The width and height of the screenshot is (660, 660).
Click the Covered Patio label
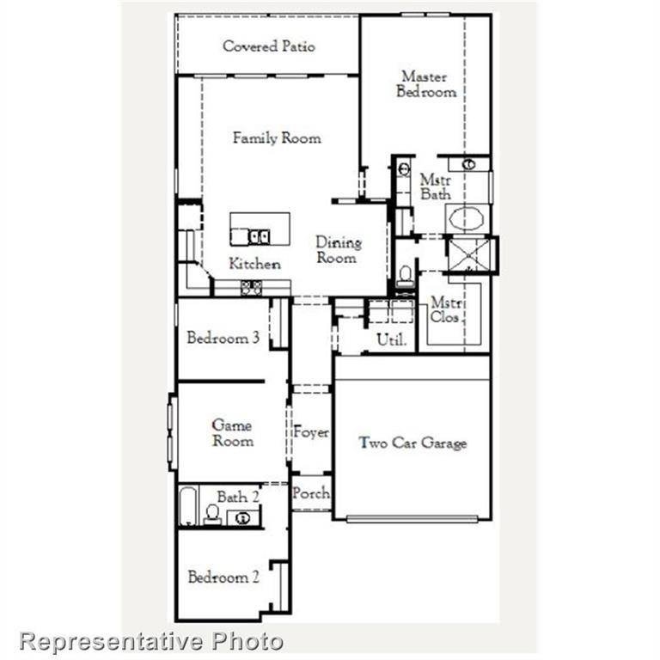(268, 46)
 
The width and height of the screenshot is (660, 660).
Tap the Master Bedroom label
(425, 84)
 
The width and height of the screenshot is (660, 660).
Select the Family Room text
(277, 137)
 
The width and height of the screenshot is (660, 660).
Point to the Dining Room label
(339, 250)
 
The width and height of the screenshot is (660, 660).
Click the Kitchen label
(254, 264)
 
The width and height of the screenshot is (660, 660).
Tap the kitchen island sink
(259, 235)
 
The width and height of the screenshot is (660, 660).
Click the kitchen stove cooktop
(251, 288)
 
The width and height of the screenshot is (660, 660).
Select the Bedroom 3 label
(223, 338)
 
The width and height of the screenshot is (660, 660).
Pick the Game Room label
(232, 433)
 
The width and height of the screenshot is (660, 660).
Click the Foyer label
(311, 432)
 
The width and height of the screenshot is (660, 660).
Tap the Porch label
(310, 493)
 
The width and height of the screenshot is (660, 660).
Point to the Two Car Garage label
(412, 443)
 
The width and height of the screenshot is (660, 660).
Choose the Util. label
(391, 340)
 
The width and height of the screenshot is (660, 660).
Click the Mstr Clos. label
(447, 310)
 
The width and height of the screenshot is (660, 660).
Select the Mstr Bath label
(435, 188)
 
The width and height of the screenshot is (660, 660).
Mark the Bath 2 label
(237, 497)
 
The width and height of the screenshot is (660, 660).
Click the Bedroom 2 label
(223, 577)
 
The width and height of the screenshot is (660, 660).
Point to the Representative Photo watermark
(151, 640)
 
